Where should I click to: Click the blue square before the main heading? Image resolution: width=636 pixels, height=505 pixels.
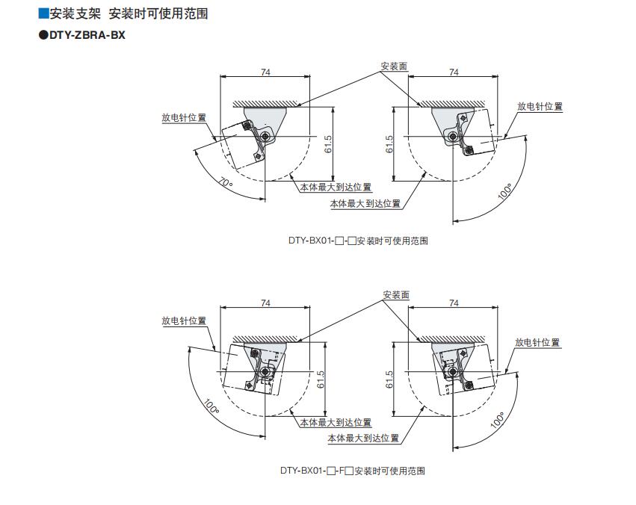(x=43, y=13)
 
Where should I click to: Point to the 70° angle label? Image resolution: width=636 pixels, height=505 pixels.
(x=225, y=182)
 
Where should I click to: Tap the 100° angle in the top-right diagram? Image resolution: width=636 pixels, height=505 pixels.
(x=505, y=192)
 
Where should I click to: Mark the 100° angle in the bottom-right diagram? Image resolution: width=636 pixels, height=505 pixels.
(x=497, y=420)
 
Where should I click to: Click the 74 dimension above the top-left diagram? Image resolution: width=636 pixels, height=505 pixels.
(x=265, y=72)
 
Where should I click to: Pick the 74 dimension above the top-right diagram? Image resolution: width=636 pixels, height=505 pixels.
(x=454, y=72)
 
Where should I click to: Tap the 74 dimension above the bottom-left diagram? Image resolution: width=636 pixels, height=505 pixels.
(x=265, y=302)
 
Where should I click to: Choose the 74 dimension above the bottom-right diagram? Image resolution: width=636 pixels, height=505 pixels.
(x=454, y=302)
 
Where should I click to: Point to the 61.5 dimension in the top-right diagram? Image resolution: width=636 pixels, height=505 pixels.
(x=389, y=143)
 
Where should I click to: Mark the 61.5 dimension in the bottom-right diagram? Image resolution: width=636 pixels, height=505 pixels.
(x=389, y=379)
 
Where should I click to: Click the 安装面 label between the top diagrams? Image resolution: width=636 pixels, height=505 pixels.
(x=394, y=66)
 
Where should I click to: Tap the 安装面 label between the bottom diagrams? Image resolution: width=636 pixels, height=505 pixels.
(x=396, y=295)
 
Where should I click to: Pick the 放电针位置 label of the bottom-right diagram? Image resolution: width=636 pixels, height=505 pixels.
(x=537, y=342)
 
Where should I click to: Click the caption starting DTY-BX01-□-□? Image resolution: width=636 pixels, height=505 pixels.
(x=358, y=241)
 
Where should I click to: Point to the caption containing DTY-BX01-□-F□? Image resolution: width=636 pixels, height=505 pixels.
(x=353, y=471)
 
